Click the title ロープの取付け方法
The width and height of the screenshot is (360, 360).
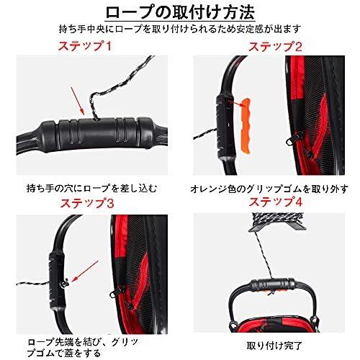[x=179, y=12]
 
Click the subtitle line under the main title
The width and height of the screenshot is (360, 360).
[x=179, y=30]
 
